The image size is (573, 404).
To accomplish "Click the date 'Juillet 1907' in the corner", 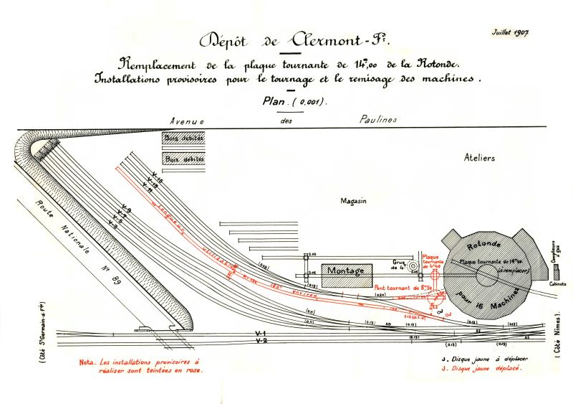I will coord(510,33).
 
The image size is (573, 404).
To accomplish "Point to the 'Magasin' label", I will coord(353,202).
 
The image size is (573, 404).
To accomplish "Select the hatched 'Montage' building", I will coord(346,271).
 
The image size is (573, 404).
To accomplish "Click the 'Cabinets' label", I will coord(557,283).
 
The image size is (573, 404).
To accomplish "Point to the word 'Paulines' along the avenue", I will coord(377,120).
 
